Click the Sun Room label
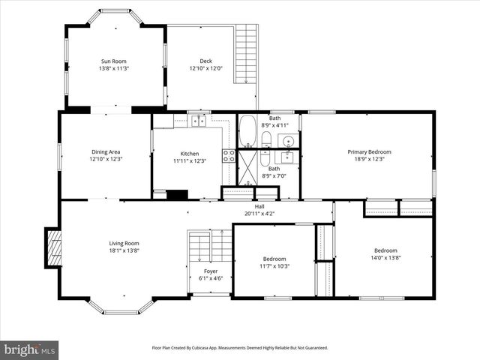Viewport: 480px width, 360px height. point(115,61)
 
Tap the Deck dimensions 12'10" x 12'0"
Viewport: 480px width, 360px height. point(205,68)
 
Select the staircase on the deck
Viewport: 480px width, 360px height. point(247,54)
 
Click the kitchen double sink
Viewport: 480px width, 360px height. point(199,120)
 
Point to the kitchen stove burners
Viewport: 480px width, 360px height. point(229,156)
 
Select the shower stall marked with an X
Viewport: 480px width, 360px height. point(247,167)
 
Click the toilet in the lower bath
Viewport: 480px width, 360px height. point(265,157)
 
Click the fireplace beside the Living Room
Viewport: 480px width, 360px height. point(53,248)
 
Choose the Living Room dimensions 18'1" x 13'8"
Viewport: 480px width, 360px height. point(124,250)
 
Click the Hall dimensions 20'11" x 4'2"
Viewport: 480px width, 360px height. point(259,214)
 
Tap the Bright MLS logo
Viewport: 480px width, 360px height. point(29,349)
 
